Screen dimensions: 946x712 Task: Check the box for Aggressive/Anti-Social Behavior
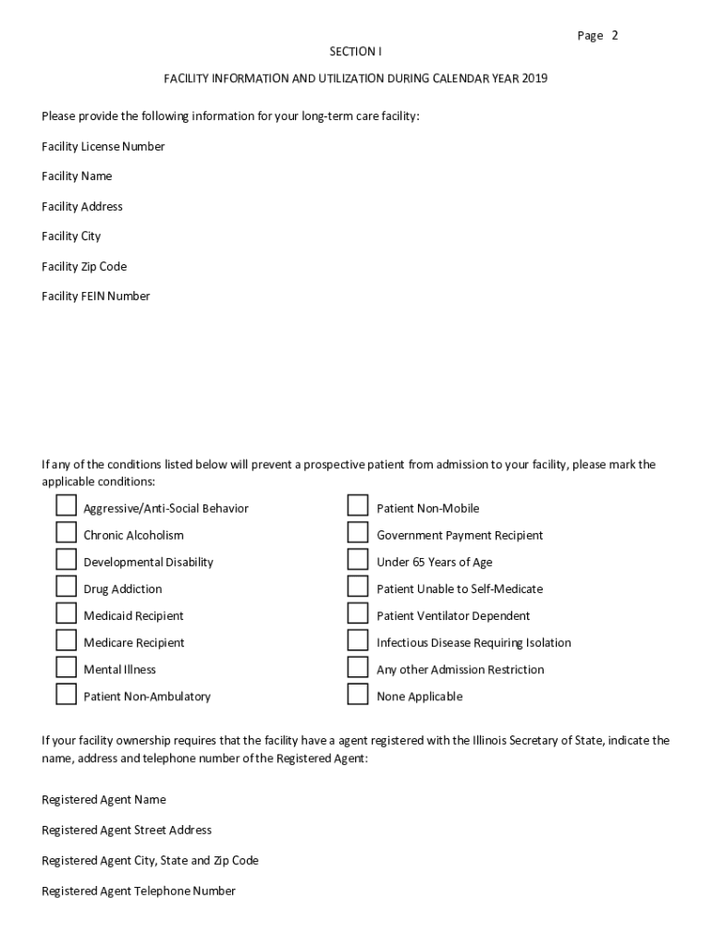66,505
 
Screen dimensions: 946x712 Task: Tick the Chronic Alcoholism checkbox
66,532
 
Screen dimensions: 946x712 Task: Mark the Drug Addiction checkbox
66,587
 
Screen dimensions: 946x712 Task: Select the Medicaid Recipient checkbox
66,613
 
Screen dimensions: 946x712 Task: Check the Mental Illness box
66,667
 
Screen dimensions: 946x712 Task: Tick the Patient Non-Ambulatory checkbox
66,694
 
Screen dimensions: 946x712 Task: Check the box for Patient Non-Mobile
358,505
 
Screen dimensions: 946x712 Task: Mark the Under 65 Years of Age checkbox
358,560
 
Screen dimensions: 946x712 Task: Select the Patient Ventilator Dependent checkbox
358,613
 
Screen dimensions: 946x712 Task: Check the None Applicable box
358,694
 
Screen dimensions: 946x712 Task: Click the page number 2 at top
614,36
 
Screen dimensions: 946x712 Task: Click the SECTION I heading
355,52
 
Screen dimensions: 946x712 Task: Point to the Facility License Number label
103,146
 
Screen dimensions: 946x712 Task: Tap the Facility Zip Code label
84,266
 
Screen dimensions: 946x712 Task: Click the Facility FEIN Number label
95,297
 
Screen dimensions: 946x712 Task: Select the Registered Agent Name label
104,800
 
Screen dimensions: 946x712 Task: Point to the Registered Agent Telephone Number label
139,891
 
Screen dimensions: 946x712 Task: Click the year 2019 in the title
534,79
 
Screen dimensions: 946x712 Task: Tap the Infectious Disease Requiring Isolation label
473,643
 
